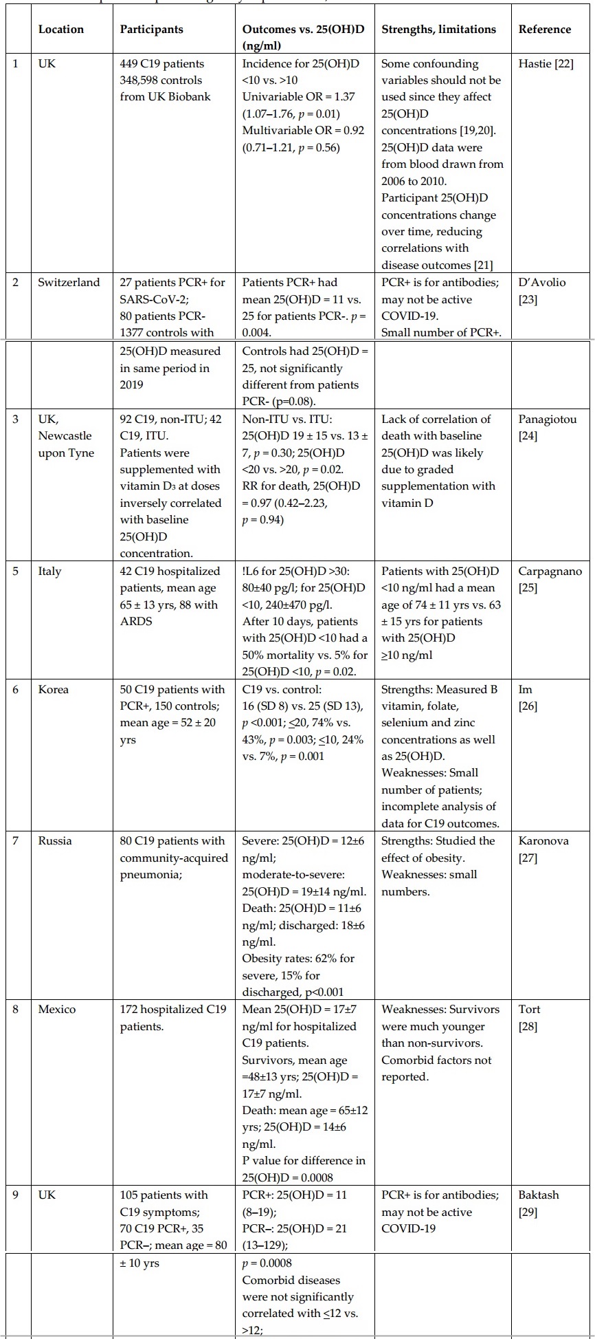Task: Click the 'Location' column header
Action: [x=61, y=29]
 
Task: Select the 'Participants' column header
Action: [x=151, y=29]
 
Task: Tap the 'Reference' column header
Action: [x=544, y=29]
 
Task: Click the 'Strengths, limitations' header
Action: [x=438, y=29]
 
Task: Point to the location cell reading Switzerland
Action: [x=69, y=282]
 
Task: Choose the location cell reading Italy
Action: [x=49, y=571]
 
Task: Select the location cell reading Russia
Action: [x=54, y=840]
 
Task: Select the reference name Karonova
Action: [x=543, y=840]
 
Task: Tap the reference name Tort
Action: [x=529, y=1009]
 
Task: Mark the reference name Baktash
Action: [x=539, y=1195]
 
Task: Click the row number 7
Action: [x=16, y=840]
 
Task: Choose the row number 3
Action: [x=16, y=419]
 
